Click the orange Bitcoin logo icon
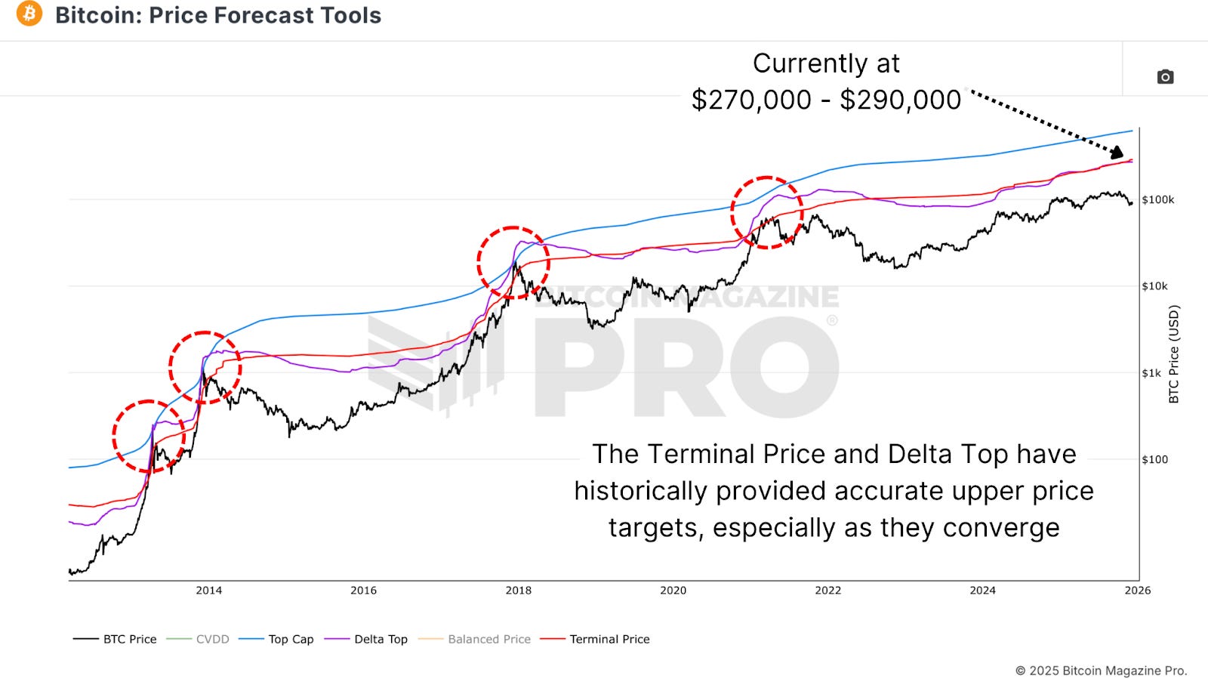pyautogui.click(x=29, y=14)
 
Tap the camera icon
pyautogui.click(x=1165, y=77)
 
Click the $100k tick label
pyautogui.click(x=1157, y=200)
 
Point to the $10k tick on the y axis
pyautogui.click(x=1154, y=286)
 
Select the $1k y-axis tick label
pyautogui.click(x=1151, y=373)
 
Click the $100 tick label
pyautogui.click(x=1154, y=459)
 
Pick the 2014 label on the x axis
pyautogui.click(x=209, y=591)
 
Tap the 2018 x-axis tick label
pyautogui.click(x=519, y=591)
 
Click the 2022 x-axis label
pyautogui.click(x=827, y=591)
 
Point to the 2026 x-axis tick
pyautogui.click(x=1137, y=591)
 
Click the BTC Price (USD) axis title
pyautogui.click(x=1173, y=353)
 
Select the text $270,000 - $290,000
pyautogui.click(x=826, y=100)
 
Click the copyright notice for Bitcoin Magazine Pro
pyautogui.click(x=1101, y=671)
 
